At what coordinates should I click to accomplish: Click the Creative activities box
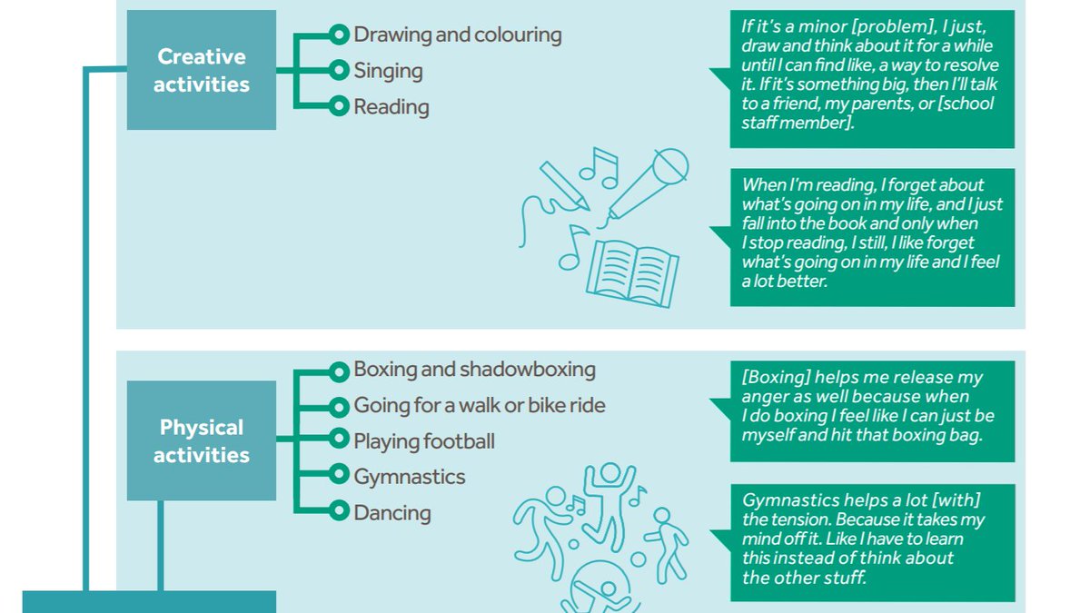(201, 70)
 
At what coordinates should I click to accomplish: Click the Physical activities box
(201, 440)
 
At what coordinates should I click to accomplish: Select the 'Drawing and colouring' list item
(457, 35)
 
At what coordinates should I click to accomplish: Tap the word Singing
(388, 71)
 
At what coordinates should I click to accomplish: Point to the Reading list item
(391, 107)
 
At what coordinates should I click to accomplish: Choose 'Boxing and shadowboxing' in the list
(474, 370)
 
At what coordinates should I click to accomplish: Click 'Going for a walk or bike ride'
(479, 405)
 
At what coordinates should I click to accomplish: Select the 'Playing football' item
(424, 441)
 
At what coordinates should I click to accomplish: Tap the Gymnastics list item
(409, 477)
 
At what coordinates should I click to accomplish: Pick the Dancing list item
(391, 513)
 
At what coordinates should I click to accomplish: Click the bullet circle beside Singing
(339, 71)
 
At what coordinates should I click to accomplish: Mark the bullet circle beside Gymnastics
(339, 477)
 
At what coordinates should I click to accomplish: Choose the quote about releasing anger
(872, 406)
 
